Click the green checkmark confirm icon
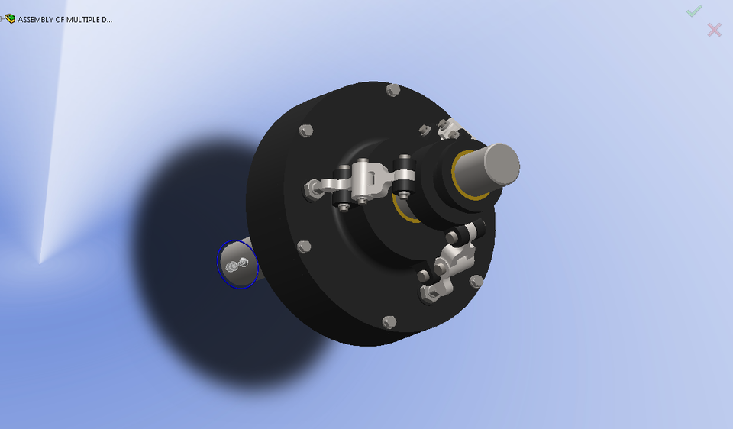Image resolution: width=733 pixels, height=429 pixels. tap(693, 11)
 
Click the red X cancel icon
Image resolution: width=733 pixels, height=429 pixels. tap(714, 30)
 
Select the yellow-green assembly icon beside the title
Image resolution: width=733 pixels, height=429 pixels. tap(9, 18)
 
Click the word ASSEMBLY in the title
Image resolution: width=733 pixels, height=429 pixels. tap(35, 19)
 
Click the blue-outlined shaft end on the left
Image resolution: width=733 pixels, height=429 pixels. tap(237, 264)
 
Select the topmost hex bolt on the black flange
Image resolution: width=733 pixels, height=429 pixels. tap(393, 90)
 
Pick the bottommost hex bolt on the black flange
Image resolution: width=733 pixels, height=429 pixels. tap(389, 322)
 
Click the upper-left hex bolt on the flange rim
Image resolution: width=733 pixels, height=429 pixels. tap(306, 131)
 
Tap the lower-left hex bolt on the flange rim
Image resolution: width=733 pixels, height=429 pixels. tap(304, 247)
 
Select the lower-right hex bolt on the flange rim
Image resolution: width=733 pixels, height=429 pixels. tap(476, 282)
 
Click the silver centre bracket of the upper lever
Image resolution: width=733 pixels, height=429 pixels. tap(366, 181)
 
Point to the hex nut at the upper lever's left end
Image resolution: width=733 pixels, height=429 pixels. tap(312, 186)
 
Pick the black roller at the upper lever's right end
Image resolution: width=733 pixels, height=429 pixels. tap(404, 178)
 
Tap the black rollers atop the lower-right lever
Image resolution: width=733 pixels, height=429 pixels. tap(468, 231)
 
